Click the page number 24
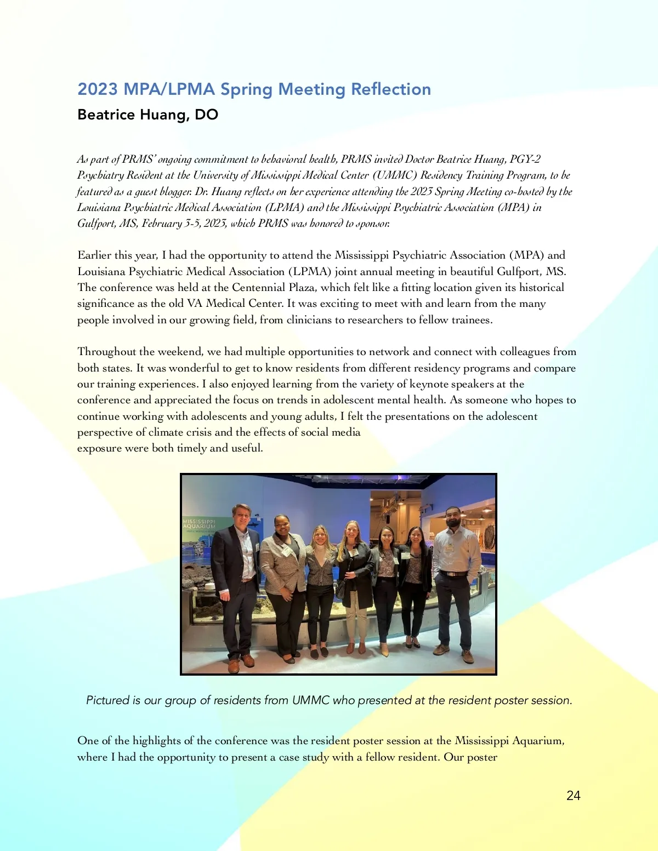point(573,796)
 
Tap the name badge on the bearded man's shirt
point(450,547)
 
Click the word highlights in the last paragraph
point(156,741)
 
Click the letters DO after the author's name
point(207,115)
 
